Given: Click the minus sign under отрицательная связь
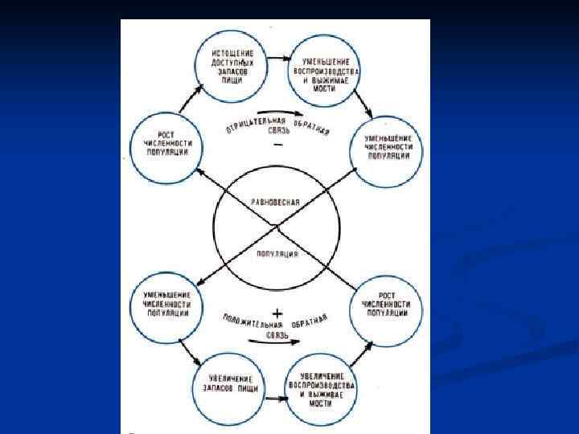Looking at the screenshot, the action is (277, 145).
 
